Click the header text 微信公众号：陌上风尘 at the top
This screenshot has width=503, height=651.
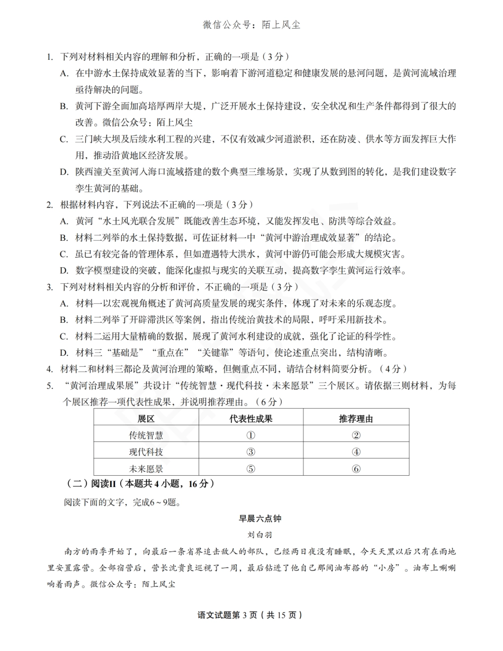tap(251, 25)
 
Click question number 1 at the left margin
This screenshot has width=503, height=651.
tap(50, 57)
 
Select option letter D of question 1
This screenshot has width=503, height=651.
tap(64, 171)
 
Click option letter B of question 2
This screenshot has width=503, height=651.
tap(64, 238)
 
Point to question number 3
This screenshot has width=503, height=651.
tap(50, 287)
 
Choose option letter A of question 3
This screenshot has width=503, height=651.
tap(64, 303)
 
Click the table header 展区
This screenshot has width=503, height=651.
tap(146, 419)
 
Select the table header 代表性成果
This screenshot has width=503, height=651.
tap(251, 419)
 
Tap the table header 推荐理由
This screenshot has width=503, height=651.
tap(356, 419)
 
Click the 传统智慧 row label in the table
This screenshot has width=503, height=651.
tap(146, 436)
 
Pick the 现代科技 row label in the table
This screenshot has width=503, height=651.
tap(146, 452)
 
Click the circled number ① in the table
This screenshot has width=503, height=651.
tap(251, 436)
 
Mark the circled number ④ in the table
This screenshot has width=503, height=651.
tap(356, 452)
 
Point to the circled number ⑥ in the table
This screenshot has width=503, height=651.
tap(356, 469)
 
